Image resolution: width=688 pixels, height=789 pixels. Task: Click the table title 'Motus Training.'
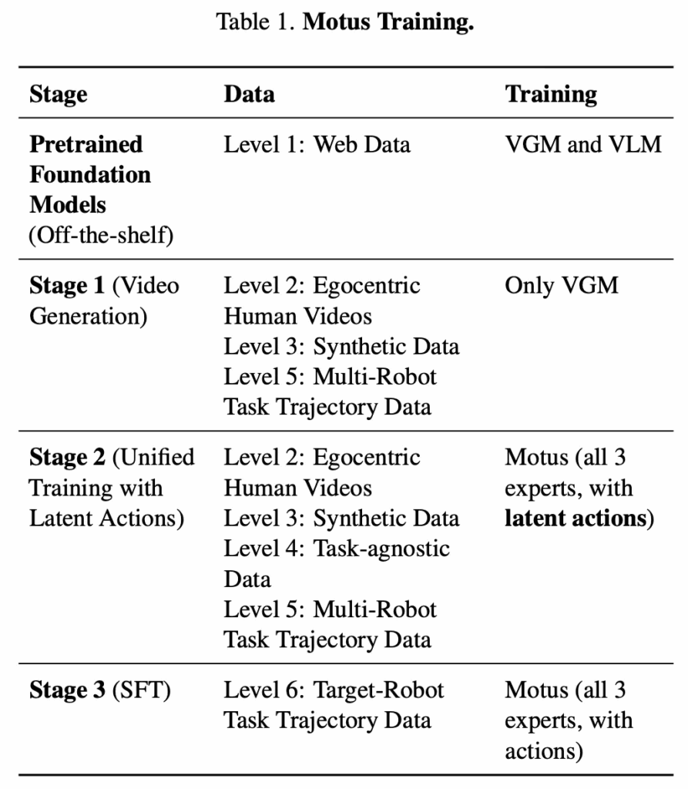tap(388, 22)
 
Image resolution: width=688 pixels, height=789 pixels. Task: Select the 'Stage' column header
tap(59, 95)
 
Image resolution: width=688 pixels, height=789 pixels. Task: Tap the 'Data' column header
tap(249, 94)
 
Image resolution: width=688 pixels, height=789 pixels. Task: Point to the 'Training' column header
tap(551, 95)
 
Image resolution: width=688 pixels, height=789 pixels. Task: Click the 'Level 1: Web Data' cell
tap(317, 144)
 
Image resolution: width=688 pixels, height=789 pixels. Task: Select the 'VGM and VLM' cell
tap(583, 144)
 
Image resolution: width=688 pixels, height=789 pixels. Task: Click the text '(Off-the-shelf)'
tap(101, 235)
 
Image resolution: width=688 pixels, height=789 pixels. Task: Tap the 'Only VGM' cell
tap(561, 286)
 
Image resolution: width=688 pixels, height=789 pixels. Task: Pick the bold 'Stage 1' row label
tap(67, 285)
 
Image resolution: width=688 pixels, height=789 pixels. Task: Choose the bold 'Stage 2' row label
tap(67, 458)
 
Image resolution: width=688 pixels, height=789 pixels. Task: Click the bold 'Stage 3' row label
tap(67, 690)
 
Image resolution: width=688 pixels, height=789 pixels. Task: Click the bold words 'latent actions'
tap(576, 519)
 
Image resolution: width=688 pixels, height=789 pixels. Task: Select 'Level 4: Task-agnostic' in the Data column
tap(337, 549)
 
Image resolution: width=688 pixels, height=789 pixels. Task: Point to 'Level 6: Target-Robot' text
tap(334, 690)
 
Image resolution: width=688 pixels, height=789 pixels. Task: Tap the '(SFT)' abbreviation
tap(142, 690)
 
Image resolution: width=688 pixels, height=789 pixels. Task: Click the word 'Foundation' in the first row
tap(90, 175)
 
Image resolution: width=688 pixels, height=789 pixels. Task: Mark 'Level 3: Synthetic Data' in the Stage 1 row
tap(341, 347)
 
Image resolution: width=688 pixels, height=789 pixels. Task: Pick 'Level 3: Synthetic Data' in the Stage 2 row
tap(341, 519)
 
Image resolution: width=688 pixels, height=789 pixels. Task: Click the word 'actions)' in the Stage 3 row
tap(544, 751)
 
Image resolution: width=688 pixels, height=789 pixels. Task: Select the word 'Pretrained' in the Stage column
tap(86, 144)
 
